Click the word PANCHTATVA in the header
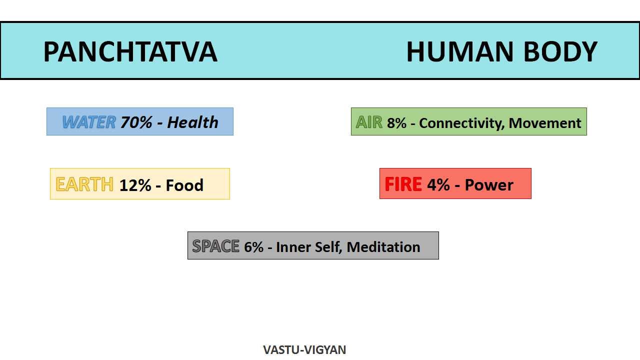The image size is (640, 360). [x=130, y=51]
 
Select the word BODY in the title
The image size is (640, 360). [x=560, y=51]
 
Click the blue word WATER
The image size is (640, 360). [x=89, y=122]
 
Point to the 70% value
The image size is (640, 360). [x=136, y=122]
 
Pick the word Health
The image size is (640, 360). [x=193, y=122]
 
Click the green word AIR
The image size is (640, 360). [x=369, y=122]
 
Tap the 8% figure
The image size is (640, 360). [x=396, y=123]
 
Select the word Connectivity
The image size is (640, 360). [x=461, y=123]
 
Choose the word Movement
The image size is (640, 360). [x=545, y=123]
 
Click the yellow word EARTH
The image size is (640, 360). [x=84, y=184]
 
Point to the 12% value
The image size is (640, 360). [x=135, y=185]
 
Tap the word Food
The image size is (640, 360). [x=184, y=185]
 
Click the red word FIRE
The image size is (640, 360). [x=403, y=184]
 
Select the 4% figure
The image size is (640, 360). [x=438, y=184]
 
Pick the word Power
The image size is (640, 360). [x=489, y=184]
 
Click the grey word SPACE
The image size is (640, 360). [x=215, y=246]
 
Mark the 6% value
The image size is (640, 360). [x=253, y=247]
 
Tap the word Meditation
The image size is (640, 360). [x=383, y=247]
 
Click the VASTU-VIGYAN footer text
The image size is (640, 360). [x=304, y=349]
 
